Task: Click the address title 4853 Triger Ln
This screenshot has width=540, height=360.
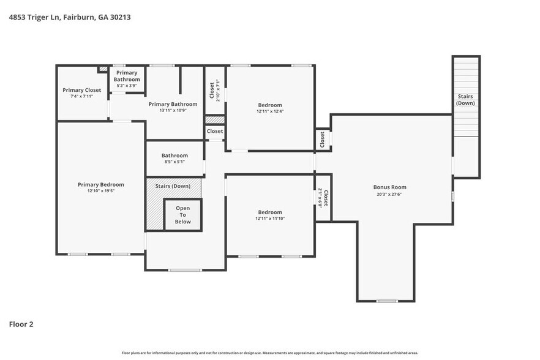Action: (x=69, y=17)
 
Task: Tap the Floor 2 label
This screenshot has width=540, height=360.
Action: (x=21, y=324)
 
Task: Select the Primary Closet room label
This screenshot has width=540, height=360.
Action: (x=81, y=90)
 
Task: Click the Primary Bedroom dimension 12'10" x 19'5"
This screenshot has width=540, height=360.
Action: (x=101, y=191)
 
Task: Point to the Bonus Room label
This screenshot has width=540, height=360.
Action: (x=390, y=187)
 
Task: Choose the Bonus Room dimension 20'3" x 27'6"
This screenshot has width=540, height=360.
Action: (x=390, y=195)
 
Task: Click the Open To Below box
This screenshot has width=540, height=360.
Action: (x=183, y=215)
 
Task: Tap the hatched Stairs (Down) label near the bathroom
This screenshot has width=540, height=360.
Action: (x=173, y=186)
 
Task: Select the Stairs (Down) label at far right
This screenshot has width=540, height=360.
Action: (x=466, y=99)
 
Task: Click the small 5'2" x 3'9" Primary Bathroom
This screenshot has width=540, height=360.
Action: (x=127, y=86)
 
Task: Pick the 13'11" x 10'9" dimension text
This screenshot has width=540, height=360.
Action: (x=173, y=111)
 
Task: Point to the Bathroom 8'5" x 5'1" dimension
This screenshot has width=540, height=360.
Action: (x=174, y=162)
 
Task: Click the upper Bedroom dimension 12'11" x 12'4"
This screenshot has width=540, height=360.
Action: (x=270, y=111)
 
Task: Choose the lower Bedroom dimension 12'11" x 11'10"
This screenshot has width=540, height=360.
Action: (x=270, y=219)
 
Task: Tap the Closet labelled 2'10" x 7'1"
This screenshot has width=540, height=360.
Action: (x=214, y=91)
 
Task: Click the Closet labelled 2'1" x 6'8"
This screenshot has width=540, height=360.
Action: (x=323, y=198)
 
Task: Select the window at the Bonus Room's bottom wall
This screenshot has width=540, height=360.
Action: (x=386, y=301)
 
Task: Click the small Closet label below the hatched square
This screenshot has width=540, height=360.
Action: (x=215, y=131)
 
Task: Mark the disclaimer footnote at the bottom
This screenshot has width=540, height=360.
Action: (x=270, y=353)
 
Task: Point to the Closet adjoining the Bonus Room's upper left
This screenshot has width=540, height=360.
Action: (x=323, y=139)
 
